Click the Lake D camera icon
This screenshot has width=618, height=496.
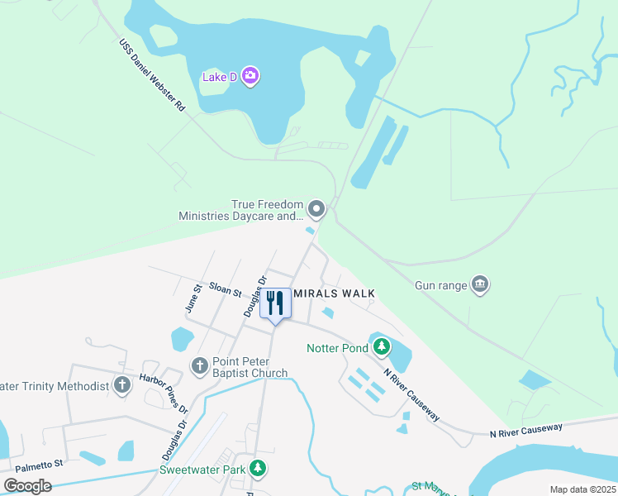click(250, 77)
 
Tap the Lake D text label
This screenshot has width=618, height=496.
click(220, 78)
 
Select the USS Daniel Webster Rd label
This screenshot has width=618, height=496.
click(152, 75)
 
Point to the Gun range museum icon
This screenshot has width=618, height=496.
click(480, 285)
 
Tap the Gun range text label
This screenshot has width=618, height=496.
click(436, 285)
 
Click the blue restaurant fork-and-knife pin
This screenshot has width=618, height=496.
click(276, 303)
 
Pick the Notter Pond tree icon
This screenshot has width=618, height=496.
click(381, 346)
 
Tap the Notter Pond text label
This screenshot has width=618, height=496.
click(336, 348)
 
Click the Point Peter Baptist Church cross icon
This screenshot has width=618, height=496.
click(199, 365)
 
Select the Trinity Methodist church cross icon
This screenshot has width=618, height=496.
click(122, 384)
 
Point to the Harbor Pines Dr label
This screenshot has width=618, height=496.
click(163, 396)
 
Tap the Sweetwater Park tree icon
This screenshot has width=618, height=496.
click(259, 469)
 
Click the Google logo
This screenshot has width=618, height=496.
click(27, 486)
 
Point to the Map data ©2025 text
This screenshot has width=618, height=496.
click(582, 489)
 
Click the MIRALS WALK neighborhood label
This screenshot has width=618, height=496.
click(335, 293)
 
